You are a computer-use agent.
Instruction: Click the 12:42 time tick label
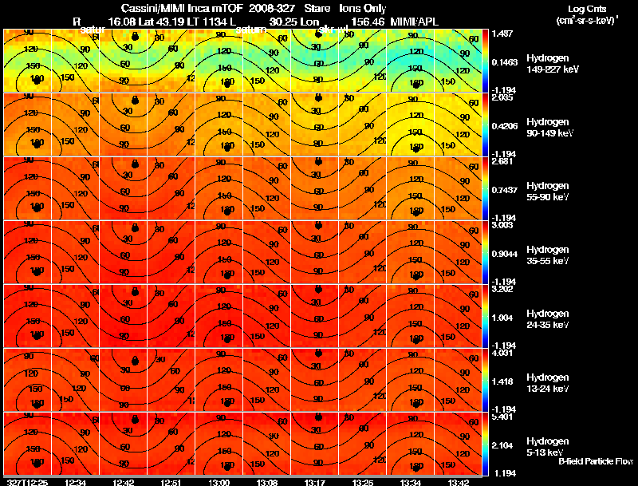pos(124,482)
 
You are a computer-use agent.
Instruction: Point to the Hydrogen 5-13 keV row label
pos(548,447)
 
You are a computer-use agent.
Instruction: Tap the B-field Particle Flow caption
pos(596,461)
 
